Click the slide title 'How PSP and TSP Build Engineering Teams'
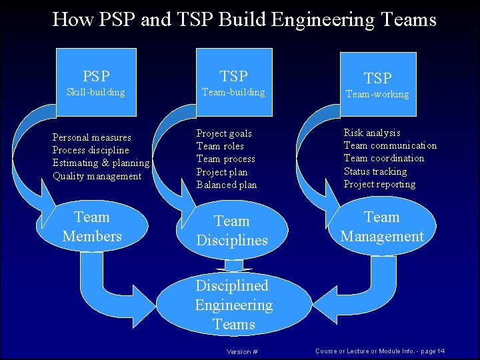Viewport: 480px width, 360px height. click(244, 19)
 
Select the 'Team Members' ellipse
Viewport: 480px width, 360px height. click(92, 227)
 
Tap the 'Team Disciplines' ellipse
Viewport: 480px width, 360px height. click(232, 231)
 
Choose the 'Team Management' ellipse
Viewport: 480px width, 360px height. click(382, 227)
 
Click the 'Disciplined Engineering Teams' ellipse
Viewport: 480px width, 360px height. click(233, 305)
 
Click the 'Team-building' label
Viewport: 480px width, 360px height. click(233, 92)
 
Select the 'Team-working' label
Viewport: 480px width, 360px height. click(377, 94)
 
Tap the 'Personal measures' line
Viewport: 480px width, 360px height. click(92, 137)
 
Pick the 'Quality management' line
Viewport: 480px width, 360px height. click(97, 176)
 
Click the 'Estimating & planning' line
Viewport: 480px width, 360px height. click(101, 163)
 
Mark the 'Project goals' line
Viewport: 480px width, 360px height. click(224, 133)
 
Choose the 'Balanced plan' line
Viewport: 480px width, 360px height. click(227, 185)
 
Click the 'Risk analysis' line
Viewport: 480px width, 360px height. click(372, 133)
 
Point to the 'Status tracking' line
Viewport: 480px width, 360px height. click(375, 171)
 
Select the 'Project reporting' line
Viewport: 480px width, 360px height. click(379, 184)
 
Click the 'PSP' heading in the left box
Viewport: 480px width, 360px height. click(96, 76)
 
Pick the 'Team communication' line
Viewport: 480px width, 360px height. click(390, 145)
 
